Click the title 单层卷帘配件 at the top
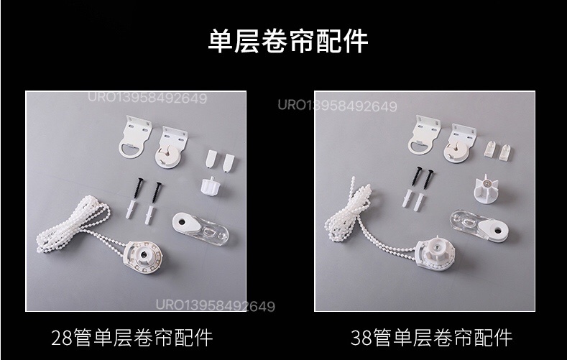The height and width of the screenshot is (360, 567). (287, 42)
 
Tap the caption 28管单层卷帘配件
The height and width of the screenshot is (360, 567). (132, 336)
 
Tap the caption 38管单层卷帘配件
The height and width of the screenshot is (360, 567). (431, 336)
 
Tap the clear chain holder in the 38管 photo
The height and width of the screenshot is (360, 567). (479, 226)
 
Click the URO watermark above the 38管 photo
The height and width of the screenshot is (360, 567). (337, 106)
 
